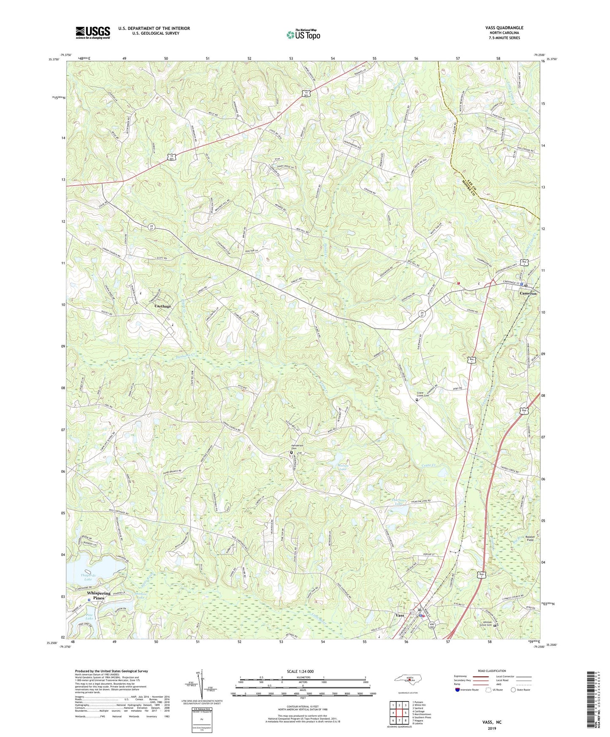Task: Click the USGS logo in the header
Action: [93, 33]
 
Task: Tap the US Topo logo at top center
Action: [303, 35]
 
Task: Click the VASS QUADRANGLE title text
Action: [504, 28]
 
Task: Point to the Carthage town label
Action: [163, 306]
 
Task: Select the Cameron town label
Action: [528, 293]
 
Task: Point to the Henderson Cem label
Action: [291, 448]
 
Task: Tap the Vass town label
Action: [399, 615]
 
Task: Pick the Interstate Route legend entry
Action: [469, 690]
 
